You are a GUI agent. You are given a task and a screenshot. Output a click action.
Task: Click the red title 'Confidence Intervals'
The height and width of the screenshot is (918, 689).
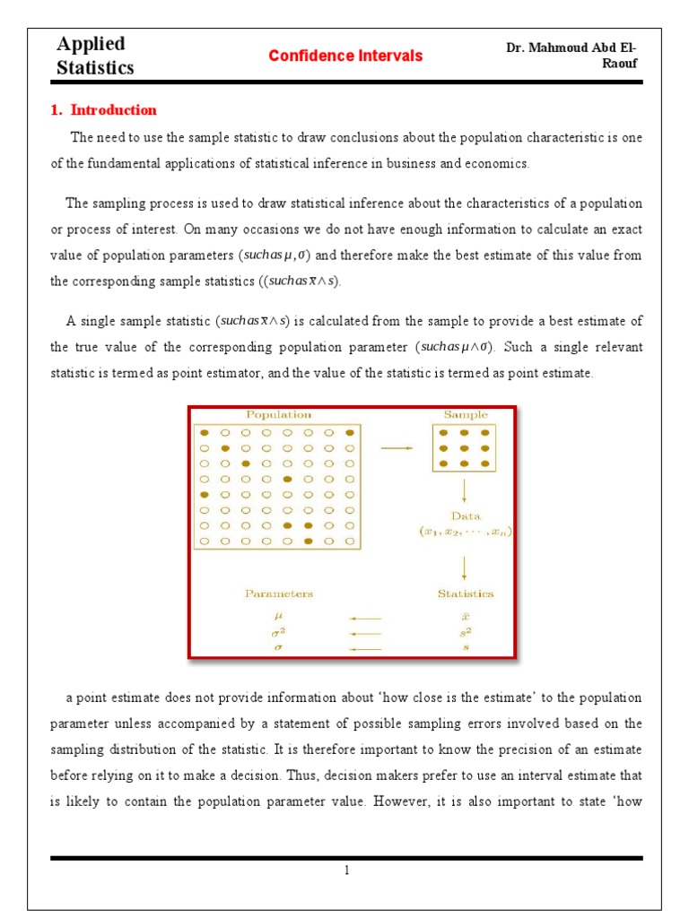click(345, 56)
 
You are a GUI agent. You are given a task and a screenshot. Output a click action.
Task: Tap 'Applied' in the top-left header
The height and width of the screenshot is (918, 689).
click(91, 44)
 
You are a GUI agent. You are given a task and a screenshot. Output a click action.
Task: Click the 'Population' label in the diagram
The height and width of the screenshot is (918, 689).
click(279, 415)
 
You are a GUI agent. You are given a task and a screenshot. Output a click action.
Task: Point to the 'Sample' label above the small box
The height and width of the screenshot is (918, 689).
click(466, 415)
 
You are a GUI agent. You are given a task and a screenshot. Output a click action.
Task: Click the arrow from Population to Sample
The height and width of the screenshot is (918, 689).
click(397, 448)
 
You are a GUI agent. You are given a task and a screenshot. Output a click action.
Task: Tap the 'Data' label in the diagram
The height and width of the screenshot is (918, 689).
click(465, 516)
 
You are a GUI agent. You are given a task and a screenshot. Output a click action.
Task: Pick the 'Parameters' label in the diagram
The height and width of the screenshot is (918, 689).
click(279, 593)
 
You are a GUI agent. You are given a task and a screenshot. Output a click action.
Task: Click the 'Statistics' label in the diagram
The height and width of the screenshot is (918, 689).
click(465, 593)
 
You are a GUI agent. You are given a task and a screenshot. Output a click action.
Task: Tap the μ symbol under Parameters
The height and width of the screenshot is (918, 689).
click(277, 618)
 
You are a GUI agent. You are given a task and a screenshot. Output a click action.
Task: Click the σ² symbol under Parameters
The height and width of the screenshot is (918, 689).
click(277, 633)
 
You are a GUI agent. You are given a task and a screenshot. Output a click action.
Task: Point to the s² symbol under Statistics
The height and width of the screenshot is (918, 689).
click(465, 633)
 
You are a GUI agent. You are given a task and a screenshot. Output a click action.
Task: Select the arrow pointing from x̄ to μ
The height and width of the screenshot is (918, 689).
click(366, 618)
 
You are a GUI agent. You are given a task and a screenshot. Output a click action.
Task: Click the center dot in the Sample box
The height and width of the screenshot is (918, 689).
click(465, 448)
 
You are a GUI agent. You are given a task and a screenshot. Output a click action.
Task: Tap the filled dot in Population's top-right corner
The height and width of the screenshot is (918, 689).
click(350, 432)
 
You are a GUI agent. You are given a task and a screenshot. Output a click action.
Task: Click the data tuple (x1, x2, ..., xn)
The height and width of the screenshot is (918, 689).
click(465, 532)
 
